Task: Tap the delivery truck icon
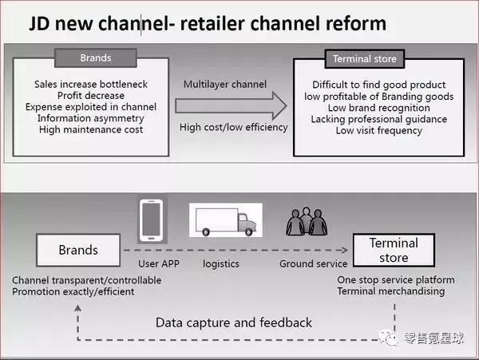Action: [x=225, y=220]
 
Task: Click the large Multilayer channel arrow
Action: [x=232, y=105]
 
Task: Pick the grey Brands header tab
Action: [x=96, y=57]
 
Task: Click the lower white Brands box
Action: [x=78, y=250]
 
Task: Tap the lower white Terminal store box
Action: [x=394, y=251]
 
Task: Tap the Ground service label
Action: [x=313, y=263]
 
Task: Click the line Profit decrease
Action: [x=92, y=95]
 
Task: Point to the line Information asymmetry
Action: [x=92, y=117]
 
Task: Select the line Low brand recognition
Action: [x=379, y=108]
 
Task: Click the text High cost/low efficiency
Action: [x=232, y=127]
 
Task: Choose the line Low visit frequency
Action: [x=379, y=130]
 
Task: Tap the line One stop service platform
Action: [x=396, y=279]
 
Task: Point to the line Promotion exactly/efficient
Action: [x=74, y=291]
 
